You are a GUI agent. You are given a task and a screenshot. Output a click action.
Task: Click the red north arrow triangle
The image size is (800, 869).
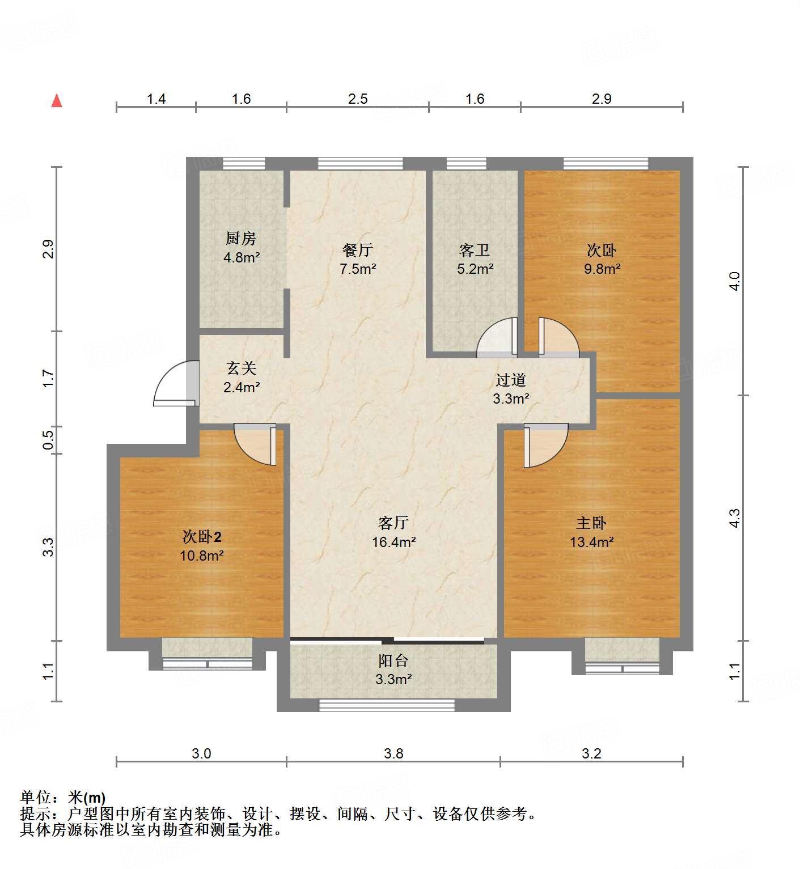click(57, 101)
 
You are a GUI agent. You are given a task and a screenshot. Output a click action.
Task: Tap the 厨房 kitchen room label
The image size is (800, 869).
click(241, 248)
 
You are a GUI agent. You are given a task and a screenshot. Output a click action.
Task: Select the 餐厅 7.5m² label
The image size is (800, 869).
click(358, 259)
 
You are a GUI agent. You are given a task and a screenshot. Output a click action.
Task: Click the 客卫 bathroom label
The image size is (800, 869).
click(475, 259)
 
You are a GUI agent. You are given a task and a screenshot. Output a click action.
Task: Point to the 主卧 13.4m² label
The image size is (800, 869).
click(591, 532)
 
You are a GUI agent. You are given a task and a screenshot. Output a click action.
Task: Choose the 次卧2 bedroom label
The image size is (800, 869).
click(202, 545)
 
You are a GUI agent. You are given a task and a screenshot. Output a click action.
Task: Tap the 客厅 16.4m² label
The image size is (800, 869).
click(393, 532)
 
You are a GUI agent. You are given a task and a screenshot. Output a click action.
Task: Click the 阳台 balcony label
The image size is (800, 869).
click(393, 669)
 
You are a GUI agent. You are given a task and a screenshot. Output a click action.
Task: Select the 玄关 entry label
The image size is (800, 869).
click(242, 378)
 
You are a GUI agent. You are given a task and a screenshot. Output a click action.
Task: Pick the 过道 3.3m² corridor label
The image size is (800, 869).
click(511, 389)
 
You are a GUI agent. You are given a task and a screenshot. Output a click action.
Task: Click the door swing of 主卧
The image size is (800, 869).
click(544, 444)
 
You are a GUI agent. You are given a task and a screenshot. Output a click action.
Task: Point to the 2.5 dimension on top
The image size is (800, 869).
click(358, 99)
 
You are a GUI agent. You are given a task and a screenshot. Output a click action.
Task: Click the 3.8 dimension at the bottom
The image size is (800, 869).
click(393, 753)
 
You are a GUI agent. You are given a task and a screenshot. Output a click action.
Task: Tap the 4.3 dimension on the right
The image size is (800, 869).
click(735, 518)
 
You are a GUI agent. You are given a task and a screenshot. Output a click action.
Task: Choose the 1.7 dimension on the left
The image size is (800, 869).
click(48, 378)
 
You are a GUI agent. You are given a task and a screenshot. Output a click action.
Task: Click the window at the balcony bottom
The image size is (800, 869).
click(387, 705)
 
